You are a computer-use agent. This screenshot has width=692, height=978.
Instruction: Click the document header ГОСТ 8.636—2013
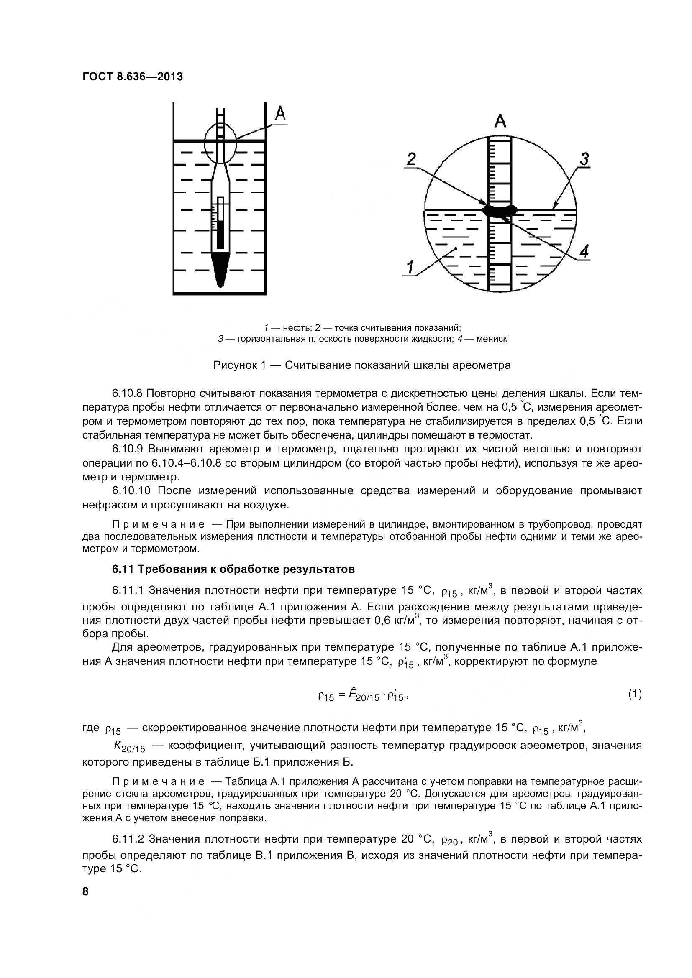click(132, 77)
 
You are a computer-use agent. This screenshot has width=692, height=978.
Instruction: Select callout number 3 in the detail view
click(584, 159)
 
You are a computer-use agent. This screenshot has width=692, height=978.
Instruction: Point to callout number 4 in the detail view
click(584, 252)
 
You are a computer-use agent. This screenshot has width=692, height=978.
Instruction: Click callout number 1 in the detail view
click(410, 268)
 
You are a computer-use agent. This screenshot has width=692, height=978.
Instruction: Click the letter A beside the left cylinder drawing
click(280, 114)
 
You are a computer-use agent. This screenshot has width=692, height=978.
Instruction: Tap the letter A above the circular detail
click(500, 121)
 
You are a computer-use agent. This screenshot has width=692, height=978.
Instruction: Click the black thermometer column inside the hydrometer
click(220, 233)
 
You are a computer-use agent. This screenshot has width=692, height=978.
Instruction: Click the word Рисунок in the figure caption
click(233, 365)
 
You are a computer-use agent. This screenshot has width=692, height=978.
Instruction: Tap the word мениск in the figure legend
click(492, 339)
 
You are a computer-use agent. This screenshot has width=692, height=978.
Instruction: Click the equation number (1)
click(635, 694)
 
